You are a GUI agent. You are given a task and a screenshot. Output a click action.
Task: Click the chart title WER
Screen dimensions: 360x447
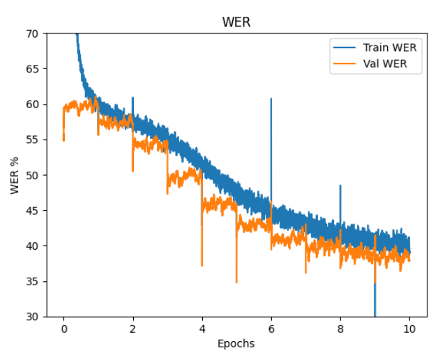coord(236,22)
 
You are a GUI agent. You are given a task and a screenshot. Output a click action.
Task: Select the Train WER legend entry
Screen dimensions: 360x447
coord(389,47)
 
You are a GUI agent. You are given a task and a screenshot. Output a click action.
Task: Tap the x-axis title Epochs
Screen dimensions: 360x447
coord(236,343)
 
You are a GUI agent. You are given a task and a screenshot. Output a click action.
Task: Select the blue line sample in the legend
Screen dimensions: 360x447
coord(344,47)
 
